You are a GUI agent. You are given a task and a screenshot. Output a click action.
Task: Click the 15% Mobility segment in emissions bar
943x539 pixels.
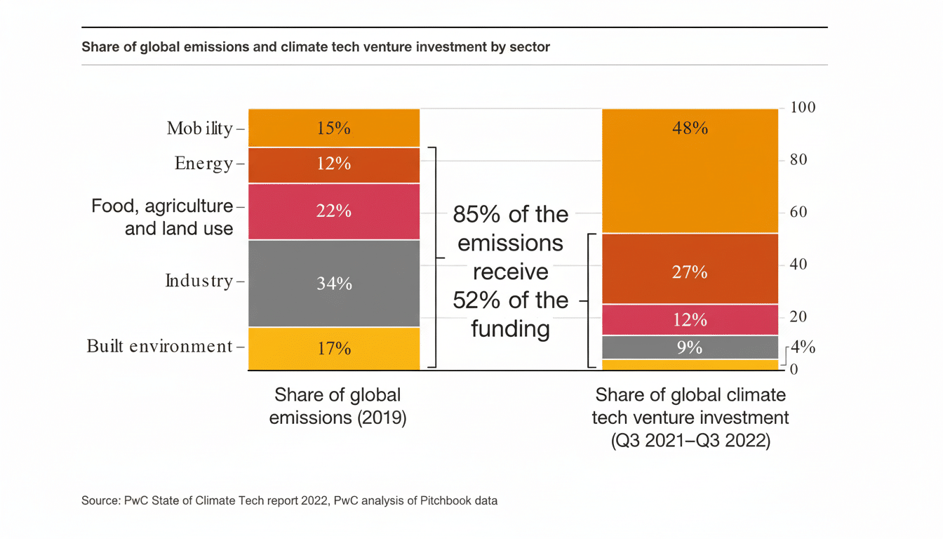(x=334, y=128)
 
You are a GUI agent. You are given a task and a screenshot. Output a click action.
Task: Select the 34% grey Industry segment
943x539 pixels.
(x=334, y=284)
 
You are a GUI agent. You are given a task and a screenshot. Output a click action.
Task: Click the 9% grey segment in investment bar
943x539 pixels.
(x=690, y=347)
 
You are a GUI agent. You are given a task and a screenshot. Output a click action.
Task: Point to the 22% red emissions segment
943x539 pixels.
(x=334, y=211)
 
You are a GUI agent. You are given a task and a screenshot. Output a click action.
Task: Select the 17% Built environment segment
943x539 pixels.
(x=334, y=348)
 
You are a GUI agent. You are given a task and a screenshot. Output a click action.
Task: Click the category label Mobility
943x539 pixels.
(x=199, y=128)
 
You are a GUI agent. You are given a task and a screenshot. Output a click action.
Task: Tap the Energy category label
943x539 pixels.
(x=203, y=164)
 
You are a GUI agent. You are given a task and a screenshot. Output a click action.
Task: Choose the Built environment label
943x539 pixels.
(x=159, y=346)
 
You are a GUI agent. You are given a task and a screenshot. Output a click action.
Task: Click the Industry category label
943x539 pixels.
(x=199, y=281)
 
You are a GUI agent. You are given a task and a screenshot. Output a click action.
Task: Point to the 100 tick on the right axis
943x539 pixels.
(x=803, y=107)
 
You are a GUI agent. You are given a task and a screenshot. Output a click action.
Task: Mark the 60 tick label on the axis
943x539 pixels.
(x=798, y=212)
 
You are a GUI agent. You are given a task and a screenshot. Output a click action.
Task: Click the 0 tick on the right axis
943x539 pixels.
(x=794, y=369)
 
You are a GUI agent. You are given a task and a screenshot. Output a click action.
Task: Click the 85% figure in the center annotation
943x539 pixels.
(x=475, y=214)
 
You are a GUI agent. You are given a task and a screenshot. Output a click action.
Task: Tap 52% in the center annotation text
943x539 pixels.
(x=475, y=300)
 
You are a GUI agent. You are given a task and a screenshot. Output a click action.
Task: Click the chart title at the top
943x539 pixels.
(x=316, y=47)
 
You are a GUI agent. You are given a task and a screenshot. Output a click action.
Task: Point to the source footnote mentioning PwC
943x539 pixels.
(x=289, y=501)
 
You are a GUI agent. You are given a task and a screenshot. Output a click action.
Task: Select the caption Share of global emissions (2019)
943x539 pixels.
(x=337, y=406)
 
